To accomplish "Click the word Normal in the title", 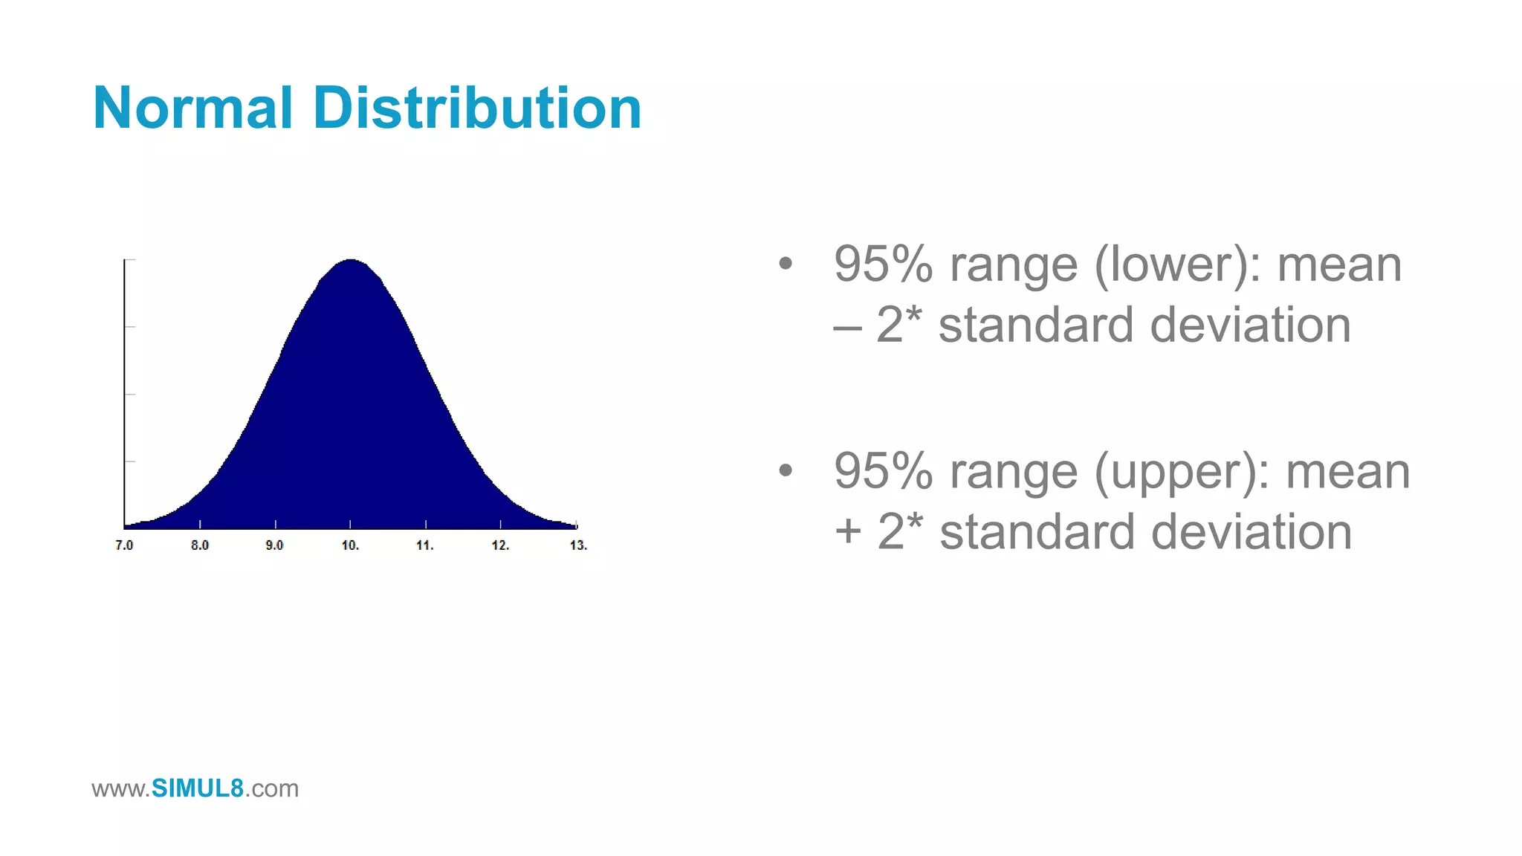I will coord(192,108).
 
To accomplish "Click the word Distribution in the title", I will coord(477,108).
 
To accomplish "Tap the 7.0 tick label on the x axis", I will coord(124,545).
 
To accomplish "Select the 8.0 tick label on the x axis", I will coord(200,545).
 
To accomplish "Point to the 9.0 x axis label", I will coord(274,545).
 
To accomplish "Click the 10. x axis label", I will coord(350,545).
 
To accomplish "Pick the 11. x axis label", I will coord(424,545).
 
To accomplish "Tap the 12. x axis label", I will coord(500,545).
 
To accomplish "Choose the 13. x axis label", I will coord(578,545).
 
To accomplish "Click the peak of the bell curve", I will coord(351,262).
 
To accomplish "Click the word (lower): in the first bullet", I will coord(1177,265).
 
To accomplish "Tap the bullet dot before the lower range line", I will coord(786,263).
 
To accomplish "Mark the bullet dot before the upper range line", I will coord(786,470).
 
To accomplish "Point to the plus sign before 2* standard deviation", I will coord(848,533).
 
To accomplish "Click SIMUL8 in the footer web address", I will coord(197,788).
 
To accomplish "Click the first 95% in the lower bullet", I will coord(883,265).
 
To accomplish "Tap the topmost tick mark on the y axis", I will coord(129,260).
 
